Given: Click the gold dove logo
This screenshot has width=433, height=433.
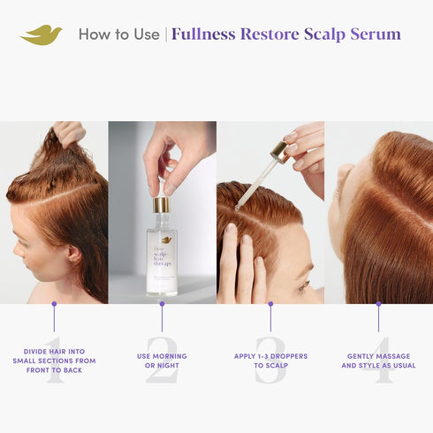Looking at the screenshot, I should click(x=41, y=34).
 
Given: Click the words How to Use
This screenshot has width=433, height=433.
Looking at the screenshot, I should click(x=118, y=34).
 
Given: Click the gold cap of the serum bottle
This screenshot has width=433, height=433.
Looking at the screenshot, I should click(x=161, y=205).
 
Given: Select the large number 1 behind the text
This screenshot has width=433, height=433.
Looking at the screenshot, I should click(x=54, y=359).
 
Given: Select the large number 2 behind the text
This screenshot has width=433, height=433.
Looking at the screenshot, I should click(x=162, y=359).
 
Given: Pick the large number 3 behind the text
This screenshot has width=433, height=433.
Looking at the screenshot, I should click(x=270, y=359).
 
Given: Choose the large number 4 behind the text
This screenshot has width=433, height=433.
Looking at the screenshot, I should click(x=378, y=359).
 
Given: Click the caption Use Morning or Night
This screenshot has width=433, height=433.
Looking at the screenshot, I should click(x=162, y=361).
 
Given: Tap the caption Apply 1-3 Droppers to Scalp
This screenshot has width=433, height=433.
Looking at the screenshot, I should click(x=270, y=361).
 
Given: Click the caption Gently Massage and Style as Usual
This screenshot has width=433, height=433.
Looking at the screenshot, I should click(x=378, y=361).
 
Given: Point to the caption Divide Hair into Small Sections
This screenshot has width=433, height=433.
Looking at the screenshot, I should click(x=54, y=361).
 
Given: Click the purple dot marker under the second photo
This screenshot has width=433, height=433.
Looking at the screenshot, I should click(x=162, y=304).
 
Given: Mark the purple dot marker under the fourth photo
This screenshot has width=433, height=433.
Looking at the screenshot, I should click(x=378, y=304).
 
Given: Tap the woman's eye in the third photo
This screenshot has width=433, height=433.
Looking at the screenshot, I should click(x=305, y=285).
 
